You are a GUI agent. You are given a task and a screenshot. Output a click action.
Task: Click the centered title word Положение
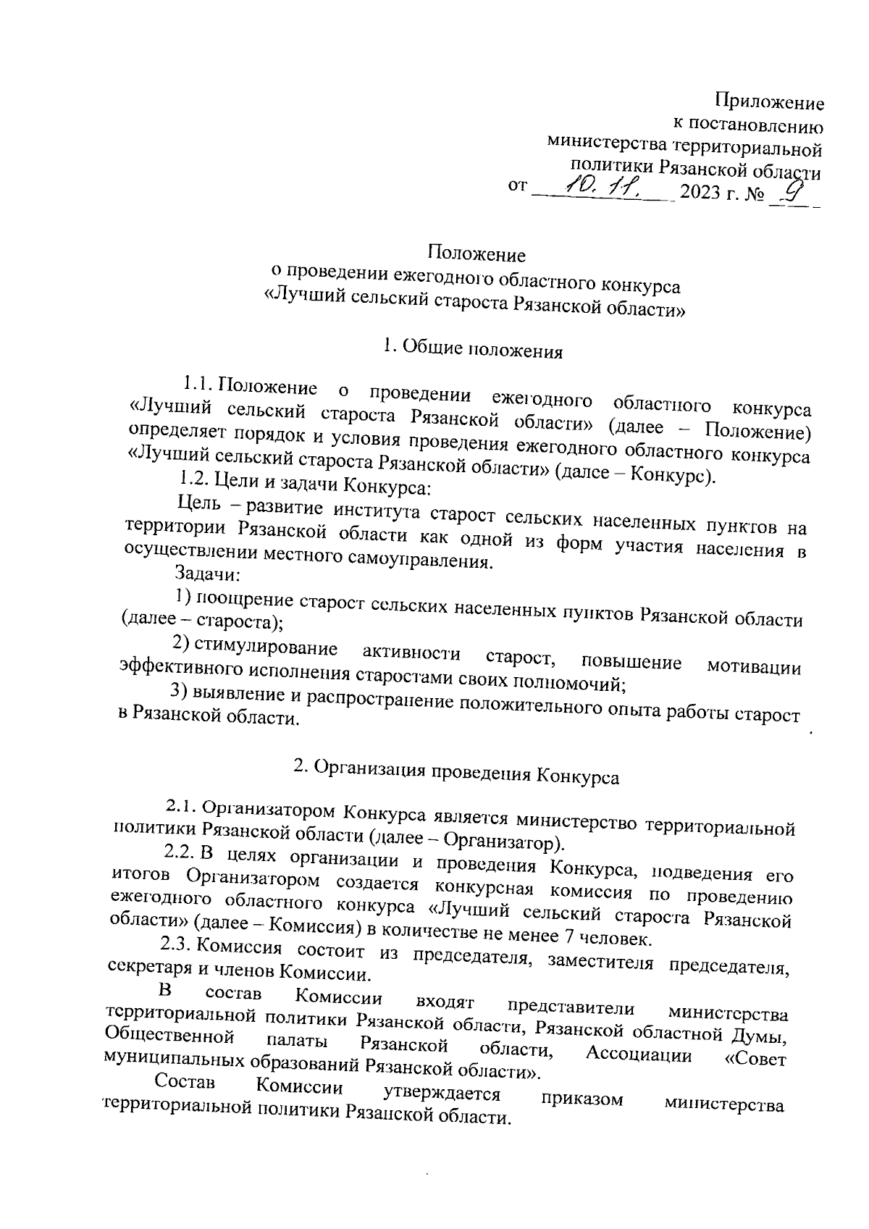point(477,254)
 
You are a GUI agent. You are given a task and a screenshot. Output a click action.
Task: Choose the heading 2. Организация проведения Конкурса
point(457,773)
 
